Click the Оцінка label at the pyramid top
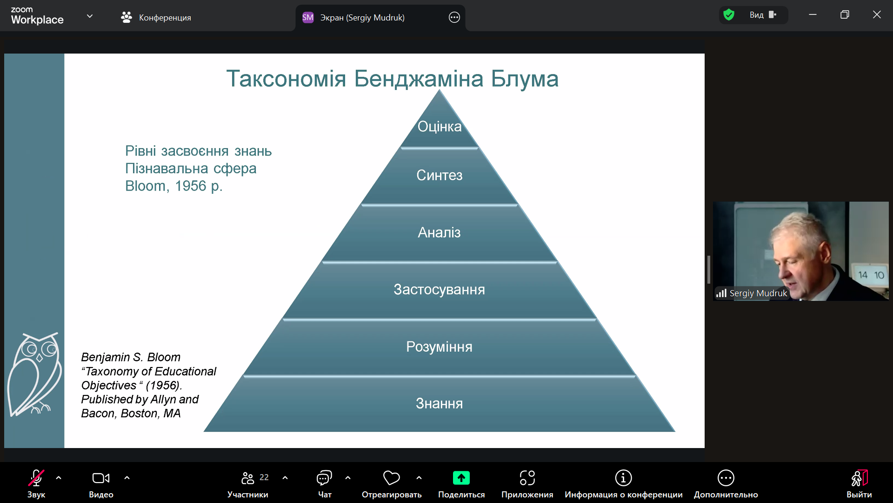440,127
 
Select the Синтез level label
440,175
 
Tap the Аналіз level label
439,232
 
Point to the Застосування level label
439,289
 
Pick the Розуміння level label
439,347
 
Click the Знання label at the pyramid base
439,403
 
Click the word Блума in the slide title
525,79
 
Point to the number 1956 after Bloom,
191,186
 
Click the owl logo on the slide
35,374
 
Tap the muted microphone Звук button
36,484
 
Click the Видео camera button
101,484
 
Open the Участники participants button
248,484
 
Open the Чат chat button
324,484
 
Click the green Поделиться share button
461,484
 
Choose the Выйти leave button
859,484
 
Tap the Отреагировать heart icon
391,478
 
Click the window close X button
877,14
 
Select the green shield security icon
729,15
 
